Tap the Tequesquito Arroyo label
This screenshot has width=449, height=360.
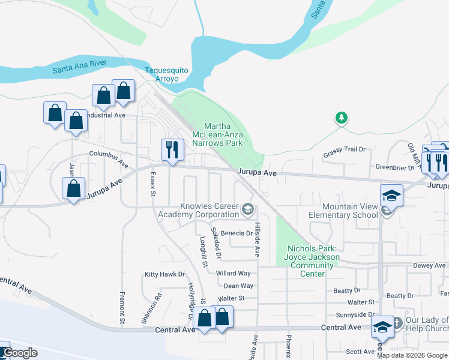(x=166, y=74)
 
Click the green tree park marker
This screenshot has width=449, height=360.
(x=342, y=117)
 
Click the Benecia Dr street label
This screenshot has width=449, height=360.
(x=235, y=233)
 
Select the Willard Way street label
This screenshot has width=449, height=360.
(x=233, y=273)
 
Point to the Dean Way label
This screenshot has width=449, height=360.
(x=238, y=286)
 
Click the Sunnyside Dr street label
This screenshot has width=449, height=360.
(x=355, y=314)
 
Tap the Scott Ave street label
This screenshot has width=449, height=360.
(x=360, y=352)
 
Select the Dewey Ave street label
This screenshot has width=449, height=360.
(x=429, y=265)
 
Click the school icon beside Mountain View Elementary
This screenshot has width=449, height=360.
(x=391, y=196)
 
